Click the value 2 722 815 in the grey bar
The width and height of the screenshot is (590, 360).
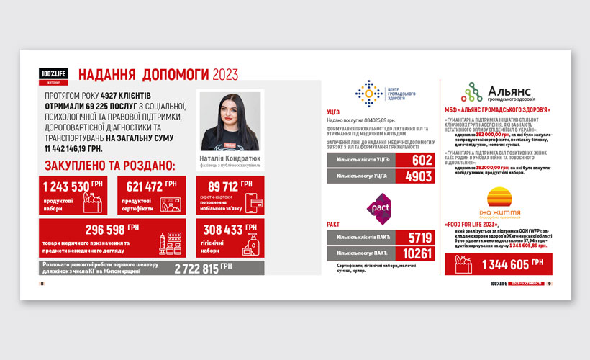coord(201,268)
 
